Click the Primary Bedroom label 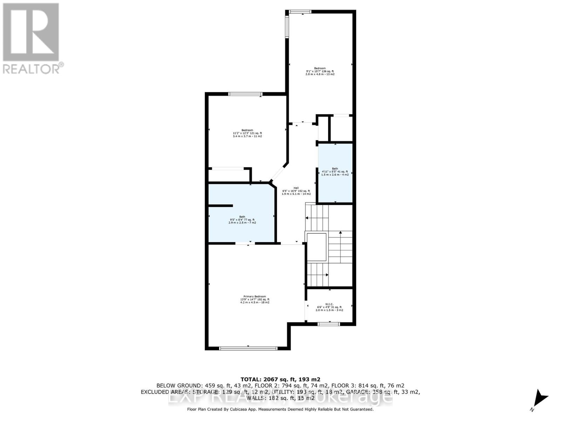255,299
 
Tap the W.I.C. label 329,307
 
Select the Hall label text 296,191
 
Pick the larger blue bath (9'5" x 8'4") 242,219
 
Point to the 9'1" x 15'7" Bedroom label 320,71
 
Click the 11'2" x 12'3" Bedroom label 247,133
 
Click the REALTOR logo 32,39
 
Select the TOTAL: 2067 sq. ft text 280,379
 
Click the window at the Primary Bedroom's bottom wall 248,348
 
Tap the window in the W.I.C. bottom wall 329,324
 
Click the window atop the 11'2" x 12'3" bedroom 245,94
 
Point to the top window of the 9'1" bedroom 300,12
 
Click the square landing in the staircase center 317,247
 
